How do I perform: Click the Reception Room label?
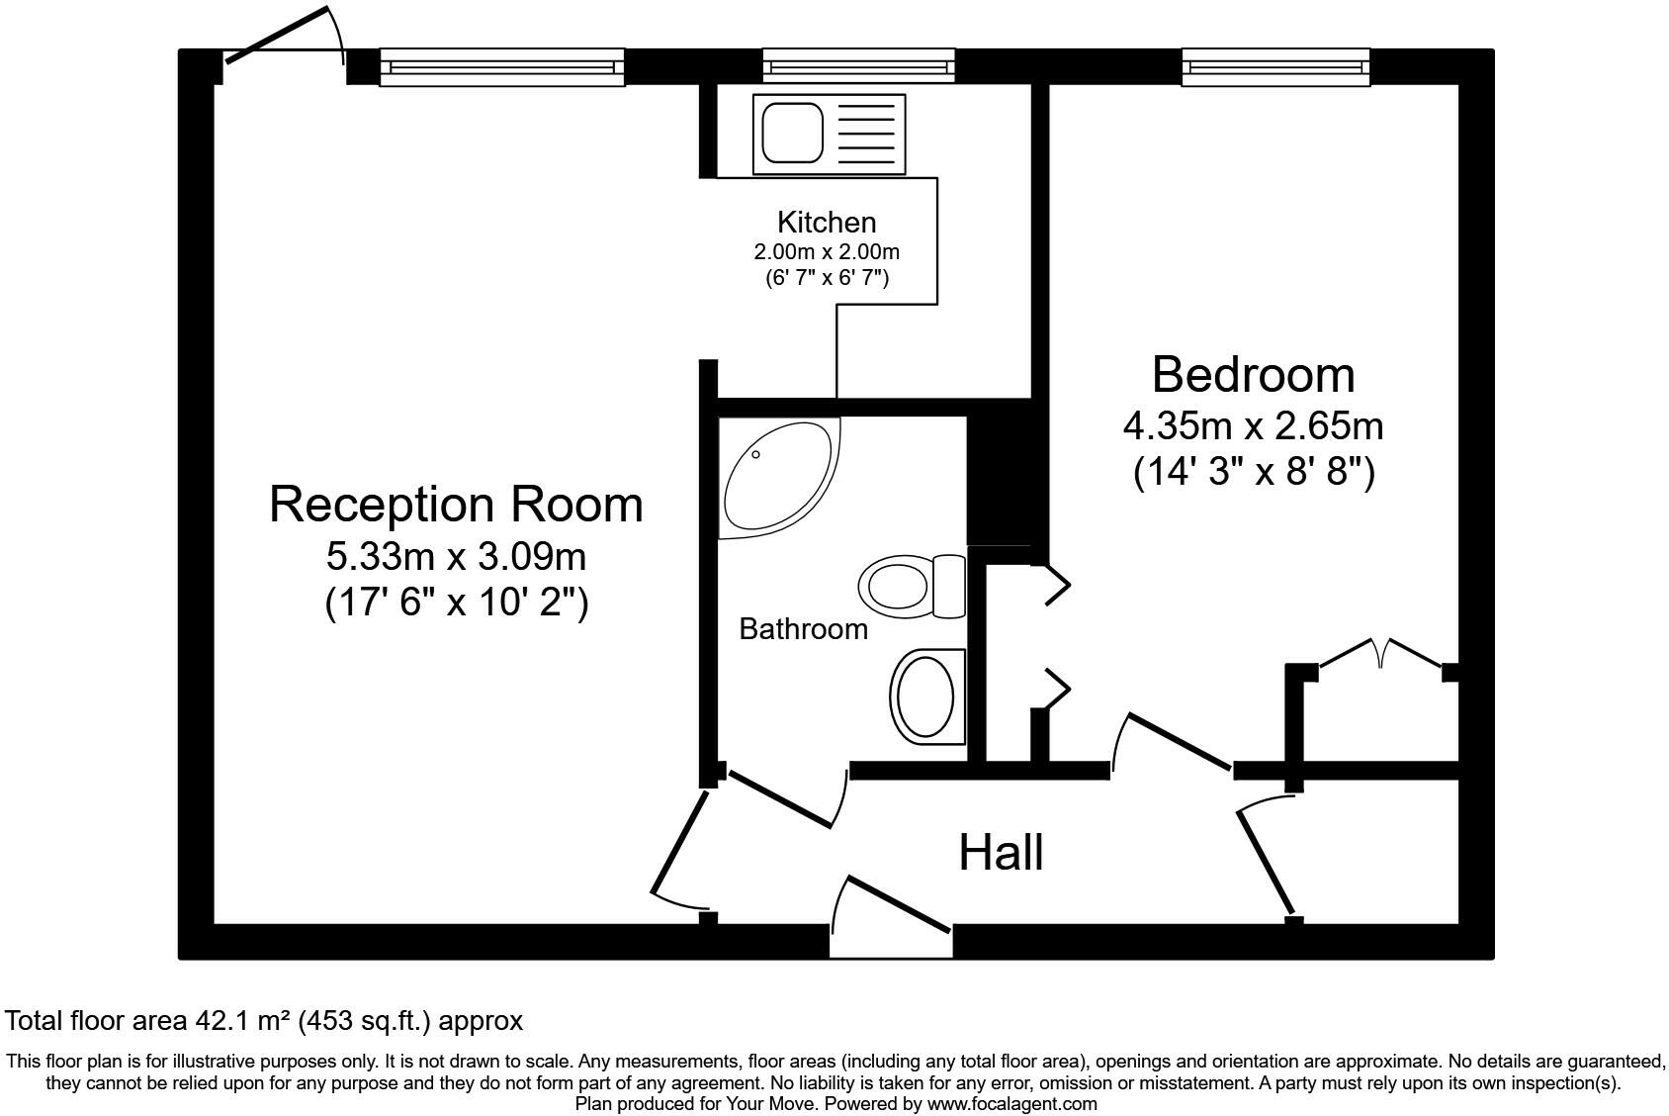pos(456,505)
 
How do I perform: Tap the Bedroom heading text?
pos(1253,375)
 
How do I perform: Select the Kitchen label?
pos(827,222)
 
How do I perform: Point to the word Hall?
pos(1001,852)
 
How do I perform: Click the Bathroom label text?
pos(803,629)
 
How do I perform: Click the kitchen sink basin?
pos(792,135)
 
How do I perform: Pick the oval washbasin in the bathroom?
pos(926,697)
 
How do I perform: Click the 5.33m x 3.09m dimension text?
pos(456,557)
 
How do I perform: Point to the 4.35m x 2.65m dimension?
pos(1253,426)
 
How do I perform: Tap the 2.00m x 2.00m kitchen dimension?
pos(827,251)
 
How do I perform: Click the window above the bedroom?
pos(1275,67)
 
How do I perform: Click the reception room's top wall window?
pos(501,67)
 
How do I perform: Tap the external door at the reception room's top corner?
pos(282,38)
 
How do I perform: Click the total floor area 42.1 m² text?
pos(264,1021)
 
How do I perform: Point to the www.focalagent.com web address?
pos(1010,1103)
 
